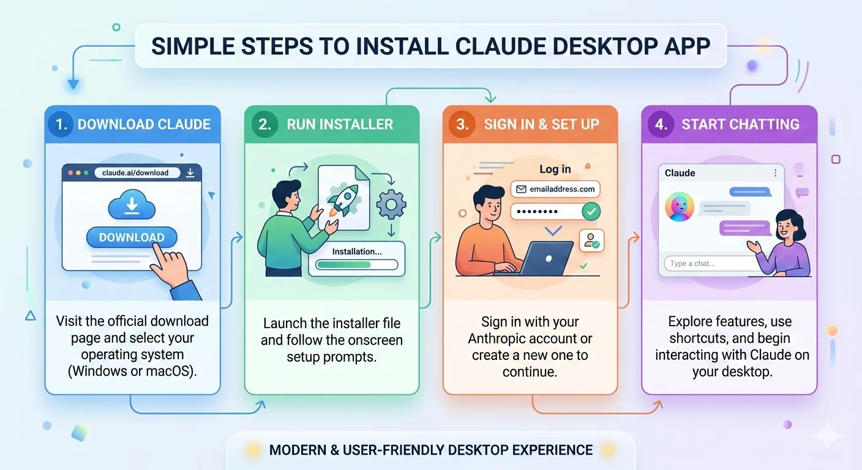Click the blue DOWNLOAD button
(132, 237)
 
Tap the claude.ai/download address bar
(136, 173)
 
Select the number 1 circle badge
(61, 124)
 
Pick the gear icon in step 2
(391, 204)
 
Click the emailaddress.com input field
(555, 189)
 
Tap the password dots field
(545, 212)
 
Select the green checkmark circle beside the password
(591, 212)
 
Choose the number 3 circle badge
(462, 124)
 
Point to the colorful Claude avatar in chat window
(680, 206)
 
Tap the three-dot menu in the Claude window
(775, 173)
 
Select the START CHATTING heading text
(740, 124)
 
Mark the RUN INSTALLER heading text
(340, 124)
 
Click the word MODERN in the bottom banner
(297, 450)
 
